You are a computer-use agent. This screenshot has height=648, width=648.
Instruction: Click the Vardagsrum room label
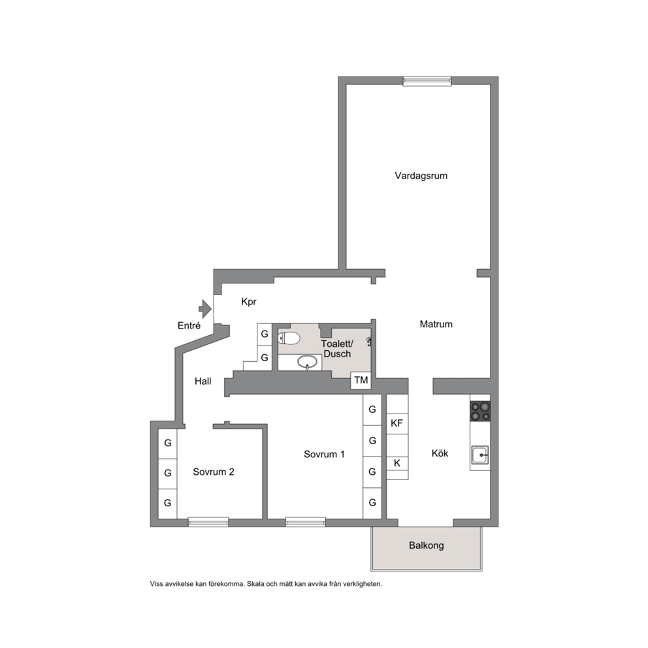(421, 176)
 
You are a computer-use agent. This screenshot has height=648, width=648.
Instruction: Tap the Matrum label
(436, 324)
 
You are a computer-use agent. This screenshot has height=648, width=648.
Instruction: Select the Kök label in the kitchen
(440, 453)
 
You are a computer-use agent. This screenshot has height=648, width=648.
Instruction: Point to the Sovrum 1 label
(324, 454)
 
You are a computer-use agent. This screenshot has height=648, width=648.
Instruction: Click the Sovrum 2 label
(213, 472)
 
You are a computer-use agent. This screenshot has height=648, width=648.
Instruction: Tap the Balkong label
(426, 545)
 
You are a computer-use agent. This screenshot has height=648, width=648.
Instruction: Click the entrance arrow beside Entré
(205, 309)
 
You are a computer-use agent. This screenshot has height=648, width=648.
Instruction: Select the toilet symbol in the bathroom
(289, 338)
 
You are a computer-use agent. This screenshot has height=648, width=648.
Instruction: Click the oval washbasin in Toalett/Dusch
(307, 362)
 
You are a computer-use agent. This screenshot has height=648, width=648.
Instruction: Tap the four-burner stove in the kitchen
(480, 411)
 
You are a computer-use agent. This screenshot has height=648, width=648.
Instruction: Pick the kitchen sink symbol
(480, 455)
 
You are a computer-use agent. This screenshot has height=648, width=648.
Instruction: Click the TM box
(361, 380)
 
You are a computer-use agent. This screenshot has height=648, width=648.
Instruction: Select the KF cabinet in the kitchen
(397, 423)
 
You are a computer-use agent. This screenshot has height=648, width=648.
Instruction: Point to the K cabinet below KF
(397, 463)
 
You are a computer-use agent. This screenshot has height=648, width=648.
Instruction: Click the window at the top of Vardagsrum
(427, 81)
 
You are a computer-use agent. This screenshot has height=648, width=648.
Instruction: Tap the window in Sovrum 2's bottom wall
(208, 522)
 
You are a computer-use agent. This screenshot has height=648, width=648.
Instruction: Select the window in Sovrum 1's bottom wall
(306, 522)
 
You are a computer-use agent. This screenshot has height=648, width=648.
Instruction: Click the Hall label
(203, 381)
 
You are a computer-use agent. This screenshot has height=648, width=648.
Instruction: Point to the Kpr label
(249, 302)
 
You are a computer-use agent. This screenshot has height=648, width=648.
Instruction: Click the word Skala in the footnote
(256, 584)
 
